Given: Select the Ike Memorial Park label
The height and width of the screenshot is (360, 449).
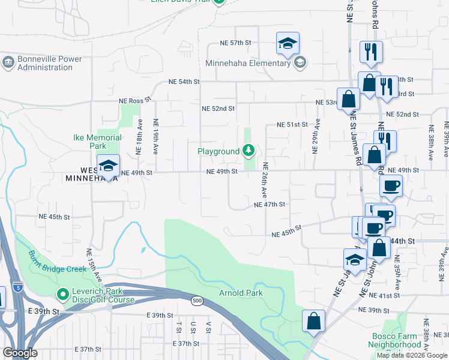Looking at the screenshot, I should point(97,142).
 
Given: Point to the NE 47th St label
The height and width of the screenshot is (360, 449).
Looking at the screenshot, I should point(268,205).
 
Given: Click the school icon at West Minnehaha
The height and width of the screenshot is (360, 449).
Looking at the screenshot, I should point(108,166).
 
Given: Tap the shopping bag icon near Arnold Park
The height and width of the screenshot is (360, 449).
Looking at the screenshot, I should point(313,321).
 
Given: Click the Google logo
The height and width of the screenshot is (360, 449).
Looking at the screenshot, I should point(20,353).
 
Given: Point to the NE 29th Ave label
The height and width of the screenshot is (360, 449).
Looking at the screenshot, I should point(317,136).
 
